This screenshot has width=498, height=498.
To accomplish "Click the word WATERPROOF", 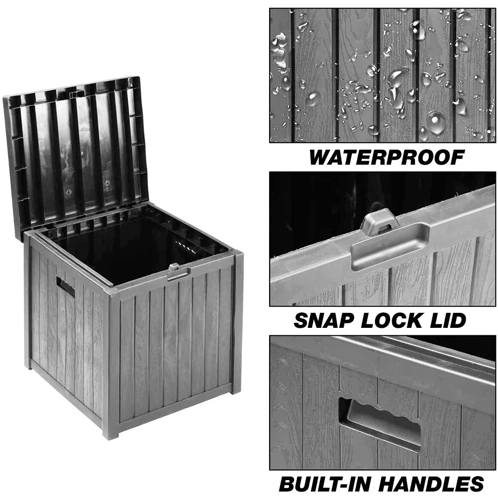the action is coord(387,157).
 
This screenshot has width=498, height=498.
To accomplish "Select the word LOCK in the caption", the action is coord(392,320).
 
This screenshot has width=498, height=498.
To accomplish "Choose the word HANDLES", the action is coord(431,484).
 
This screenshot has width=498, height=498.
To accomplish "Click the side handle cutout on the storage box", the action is coord(66,287).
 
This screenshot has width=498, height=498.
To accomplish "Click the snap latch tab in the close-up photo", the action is coord(379,222).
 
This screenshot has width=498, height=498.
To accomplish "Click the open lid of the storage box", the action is coord(76,156).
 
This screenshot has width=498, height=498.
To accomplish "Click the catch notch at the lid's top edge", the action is coord(75,95).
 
